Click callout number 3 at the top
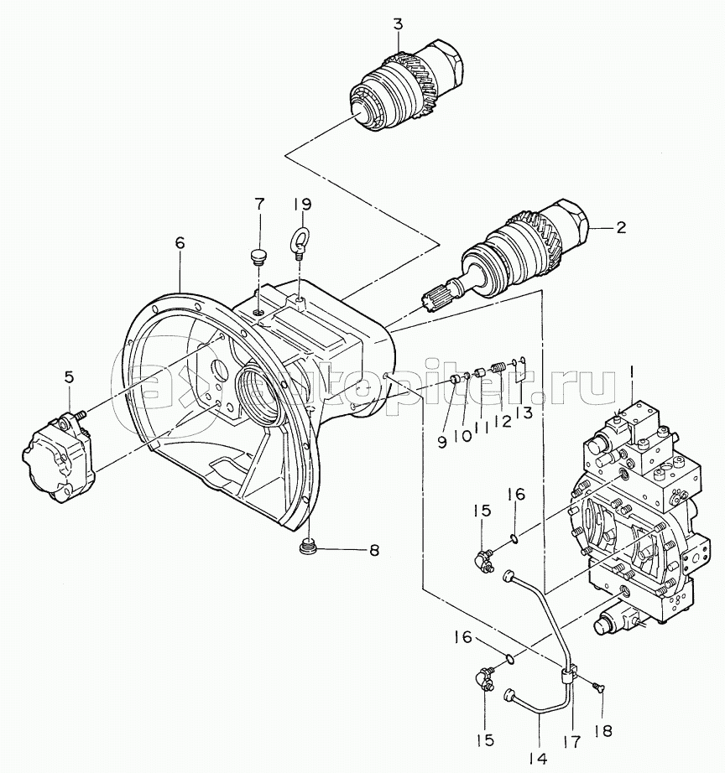tap(399, 24)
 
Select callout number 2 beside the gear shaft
tap(620, 228)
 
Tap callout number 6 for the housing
tap(180, 243)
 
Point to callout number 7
tap(259, 204)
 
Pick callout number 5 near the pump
tap(69, 377)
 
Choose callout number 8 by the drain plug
tap(374, 550)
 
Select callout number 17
tap(573, 741)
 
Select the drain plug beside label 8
tap(309, 547)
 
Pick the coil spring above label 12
tap(498, 368)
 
